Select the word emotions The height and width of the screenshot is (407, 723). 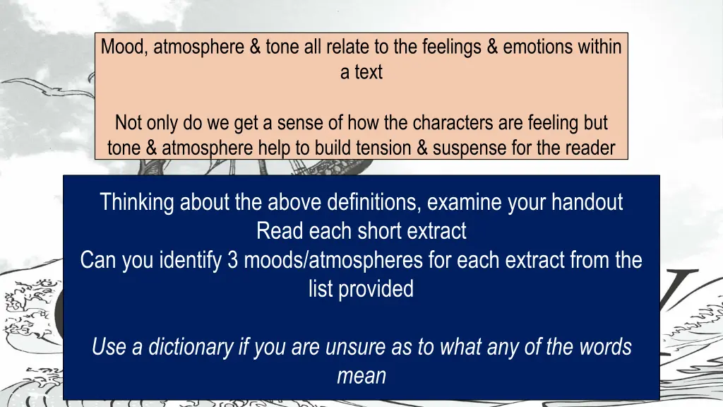(x=535, y=48)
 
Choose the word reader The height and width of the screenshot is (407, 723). (x=590, y=148)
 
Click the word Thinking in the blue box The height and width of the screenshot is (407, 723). (x=138, y=203)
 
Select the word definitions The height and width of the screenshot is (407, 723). (x=374, y=203)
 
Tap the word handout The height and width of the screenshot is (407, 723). (x=589, y=203)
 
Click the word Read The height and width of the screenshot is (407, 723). (x=277, y=231)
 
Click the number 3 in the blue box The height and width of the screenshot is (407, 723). (x=233, y=260)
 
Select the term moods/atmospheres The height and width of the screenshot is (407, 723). (x=332, y=260)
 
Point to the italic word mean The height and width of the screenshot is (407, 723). (x=361, y=375)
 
